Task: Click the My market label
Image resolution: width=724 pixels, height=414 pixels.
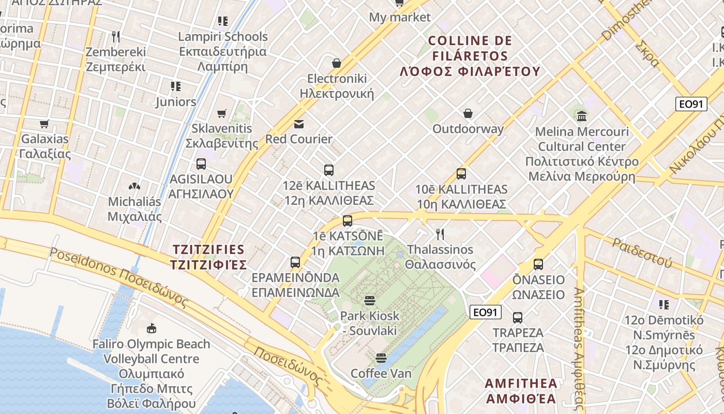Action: pyautogui.click(x=399, y=17)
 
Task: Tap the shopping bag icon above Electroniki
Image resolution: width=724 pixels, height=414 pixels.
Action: pyautogui.click(x=337, y=63)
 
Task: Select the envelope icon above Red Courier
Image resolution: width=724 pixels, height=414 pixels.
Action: pyautogui.click(x=299, y=124)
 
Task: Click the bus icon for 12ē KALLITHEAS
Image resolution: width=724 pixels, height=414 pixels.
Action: pyautogui.click(x=328, y=170)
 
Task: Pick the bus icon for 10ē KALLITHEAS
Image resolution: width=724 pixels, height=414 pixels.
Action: pyautogui.click(x=461, y=174)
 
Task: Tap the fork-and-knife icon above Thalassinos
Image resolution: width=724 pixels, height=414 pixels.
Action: pyautogui.click(x=440, y=234)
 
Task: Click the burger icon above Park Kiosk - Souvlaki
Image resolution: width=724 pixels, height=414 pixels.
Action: pyautogui.click(x=369, y=301)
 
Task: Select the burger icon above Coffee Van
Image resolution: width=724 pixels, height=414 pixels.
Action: pyautogui.click(x=381, y=358)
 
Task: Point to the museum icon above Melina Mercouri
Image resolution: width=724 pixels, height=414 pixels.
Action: pyautogui.click(x=582, y=116)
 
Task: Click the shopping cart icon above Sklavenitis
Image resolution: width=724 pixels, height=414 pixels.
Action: pyautogui.click(x=222, y=113)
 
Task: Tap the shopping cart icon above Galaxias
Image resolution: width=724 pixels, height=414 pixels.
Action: pyautogui.click(x=44, y=124)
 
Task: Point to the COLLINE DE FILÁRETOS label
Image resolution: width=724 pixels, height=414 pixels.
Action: pyautogui.click(x=470, y=56)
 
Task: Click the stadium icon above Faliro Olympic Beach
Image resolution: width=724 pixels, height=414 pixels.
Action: pyautogui.click(x=151, y=329)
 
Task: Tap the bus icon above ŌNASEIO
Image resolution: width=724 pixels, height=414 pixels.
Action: pyautogui.click(x=538, y=264)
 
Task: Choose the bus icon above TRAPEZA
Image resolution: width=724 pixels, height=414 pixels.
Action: pyautogui.click(x=518, y=317)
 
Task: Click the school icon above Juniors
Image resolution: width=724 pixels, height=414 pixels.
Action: pyautogui.click(x=176, y=86)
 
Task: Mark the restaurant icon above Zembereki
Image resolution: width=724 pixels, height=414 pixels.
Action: pyautogui.click(x=116, y=37)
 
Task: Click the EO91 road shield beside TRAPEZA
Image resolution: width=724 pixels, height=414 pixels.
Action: pyautogui.click(x=486, y=312)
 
